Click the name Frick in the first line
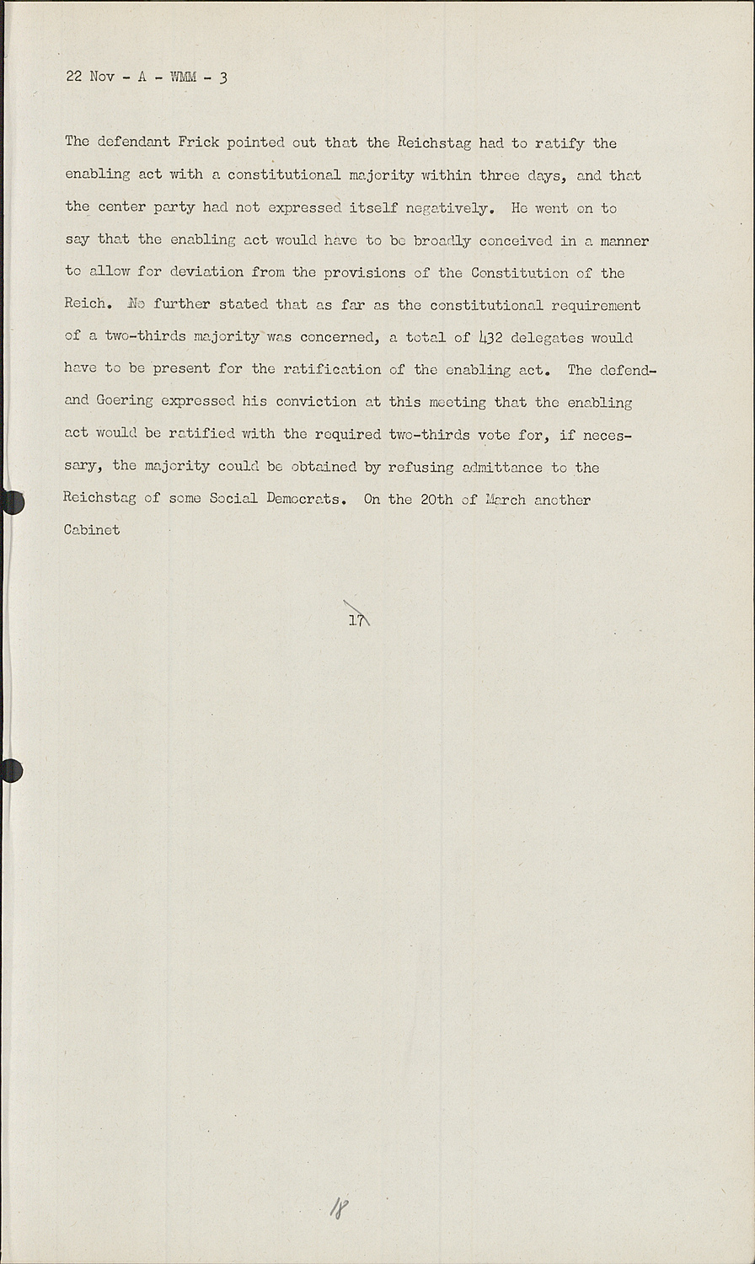198,142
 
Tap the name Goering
125,401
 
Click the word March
505,499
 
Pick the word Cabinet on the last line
92,530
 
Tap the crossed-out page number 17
356,619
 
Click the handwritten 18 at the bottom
340,1209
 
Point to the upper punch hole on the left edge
12,502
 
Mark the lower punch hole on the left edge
11,770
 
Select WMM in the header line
183,78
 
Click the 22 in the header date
73,78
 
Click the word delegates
547,337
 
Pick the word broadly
442,240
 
